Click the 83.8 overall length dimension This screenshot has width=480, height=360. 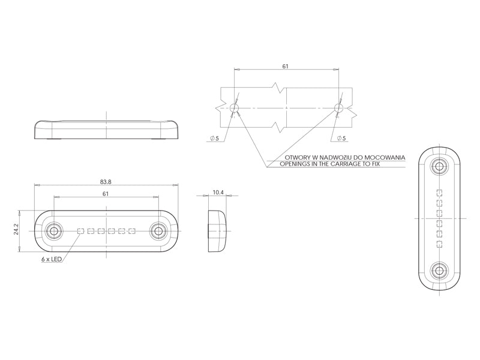tap(106, 182)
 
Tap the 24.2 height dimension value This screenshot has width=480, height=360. tap(16, 230)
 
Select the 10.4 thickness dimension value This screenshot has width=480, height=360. tap(218, 192)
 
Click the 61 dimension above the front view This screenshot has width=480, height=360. tap(106, 194)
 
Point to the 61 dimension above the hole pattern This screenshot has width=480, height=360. tap(286, 66)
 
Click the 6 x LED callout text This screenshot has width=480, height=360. tap(52, 259)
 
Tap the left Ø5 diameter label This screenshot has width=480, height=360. tap(215, 139)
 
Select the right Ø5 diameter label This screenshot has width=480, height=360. tap(341, 139)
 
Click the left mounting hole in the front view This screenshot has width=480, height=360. tap(54, 231)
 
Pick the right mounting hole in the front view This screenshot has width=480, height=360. tap(158, 231)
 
